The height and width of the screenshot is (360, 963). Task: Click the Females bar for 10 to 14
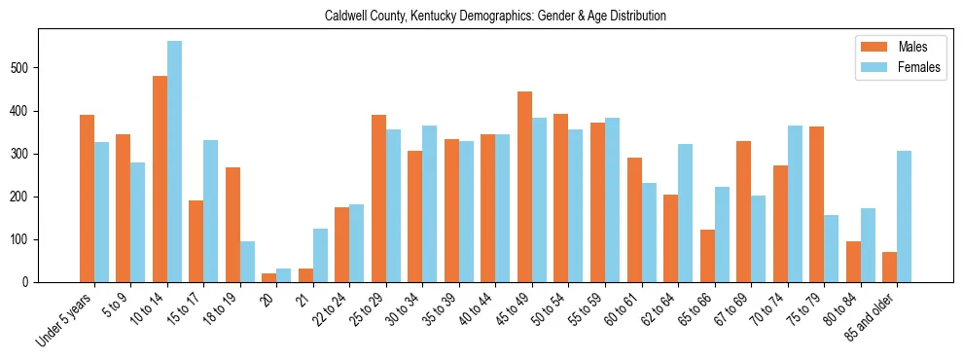(174, 162)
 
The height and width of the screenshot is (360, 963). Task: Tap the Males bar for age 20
(268, 277)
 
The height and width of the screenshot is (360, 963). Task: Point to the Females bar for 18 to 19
(247, 262)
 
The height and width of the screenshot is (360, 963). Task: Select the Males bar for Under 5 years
(87, 198)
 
